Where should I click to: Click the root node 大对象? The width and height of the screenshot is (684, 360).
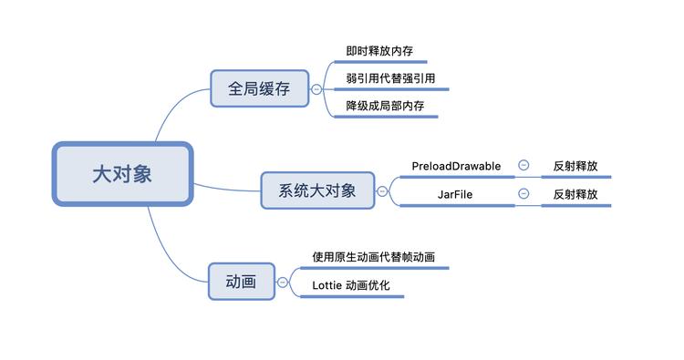(122, 174)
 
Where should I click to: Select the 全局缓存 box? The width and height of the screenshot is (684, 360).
(259, 88)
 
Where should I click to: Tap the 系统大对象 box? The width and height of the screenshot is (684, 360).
(316, 190)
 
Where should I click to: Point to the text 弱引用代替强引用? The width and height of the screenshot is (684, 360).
(389, 79)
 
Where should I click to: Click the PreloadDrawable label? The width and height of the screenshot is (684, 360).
(456, 166)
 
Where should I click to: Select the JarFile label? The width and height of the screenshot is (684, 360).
(455, 194)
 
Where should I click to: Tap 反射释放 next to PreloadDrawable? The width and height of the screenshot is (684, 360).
(575, 167)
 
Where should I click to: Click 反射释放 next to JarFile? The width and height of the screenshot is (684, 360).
(575, 194)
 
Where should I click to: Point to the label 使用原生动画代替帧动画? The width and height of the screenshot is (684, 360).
(373, 257)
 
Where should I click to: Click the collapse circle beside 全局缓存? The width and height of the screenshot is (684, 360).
(316, 89)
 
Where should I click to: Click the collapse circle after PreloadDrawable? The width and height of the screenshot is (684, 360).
(523, 166)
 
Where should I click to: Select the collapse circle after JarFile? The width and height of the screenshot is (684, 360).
(523, 193)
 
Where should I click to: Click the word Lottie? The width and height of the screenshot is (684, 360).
(326, 285)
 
